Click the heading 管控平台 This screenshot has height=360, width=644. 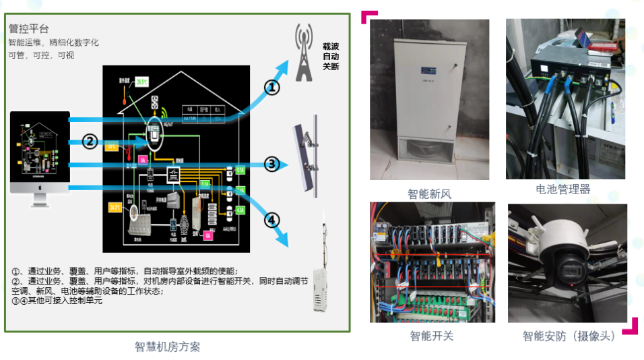point(29,28)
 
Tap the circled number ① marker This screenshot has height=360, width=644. point(271,88)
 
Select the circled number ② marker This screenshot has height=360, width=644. point(90,141)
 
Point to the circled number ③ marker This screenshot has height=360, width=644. point(271,164)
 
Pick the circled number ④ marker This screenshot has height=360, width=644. point(271,220)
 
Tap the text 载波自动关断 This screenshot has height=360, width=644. point(331,57)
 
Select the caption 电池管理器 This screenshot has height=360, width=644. point(562,189)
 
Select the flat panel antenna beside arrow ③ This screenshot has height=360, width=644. point(307,158)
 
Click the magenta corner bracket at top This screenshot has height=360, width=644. point(368,16)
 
